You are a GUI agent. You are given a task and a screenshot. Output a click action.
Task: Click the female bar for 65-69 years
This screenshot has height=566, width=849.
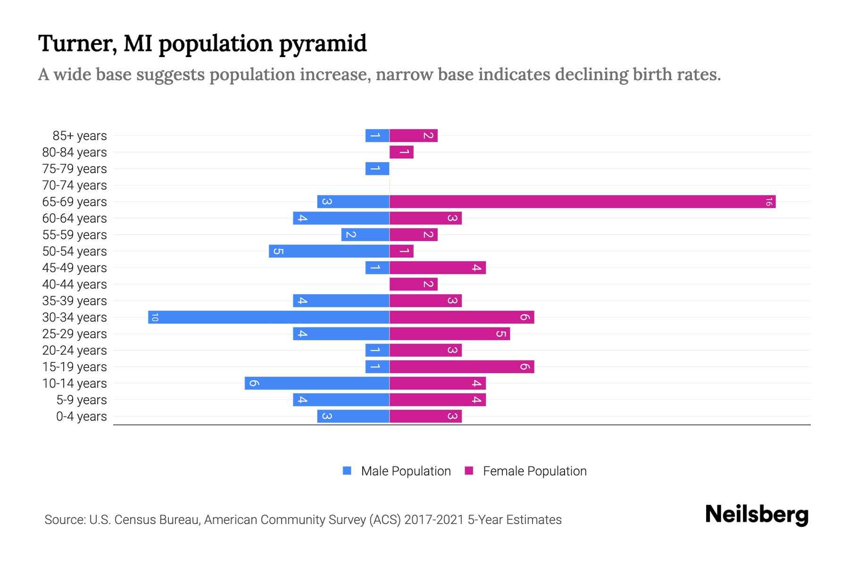(x=583, y=202)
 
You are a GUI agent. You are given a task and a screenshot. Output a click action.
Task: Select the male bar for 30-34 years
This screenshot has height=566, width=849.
(x=269, y=317)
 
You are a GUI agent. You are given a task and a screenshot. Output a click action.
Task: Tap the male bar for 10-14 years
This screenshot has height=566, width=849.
(x=317, y=383)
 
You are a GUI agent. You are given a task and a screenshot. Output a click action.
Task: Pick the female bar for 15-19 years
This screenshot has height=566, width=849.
(x=462, y=367)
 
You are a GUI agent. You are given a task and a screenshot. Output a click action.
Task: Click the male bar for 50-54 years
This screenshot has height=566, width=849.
(x=329, y=251)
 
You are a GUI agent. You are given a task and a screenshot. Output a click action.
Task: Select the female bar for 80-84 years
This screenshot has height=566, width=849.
(x=401, y=152)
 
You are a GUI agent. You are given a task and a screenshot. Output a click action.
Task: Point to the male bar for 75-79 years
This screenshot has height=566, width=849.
(x=377, y=169)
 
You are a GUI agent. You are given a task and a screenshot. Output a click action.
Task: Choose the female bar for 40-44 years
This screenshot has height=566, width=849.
(x=414, y=284)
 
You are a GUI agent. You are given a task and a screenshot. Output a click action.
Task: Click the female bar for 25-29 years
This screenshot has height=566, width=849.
(x=449, y=334)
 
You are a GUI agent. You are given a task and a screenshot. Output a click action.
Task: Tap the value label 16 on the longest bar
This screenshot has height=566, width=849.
(x=769, y=202)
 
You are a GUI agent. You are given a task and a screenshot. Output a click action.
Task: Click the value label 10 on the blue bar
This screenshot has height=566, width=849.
(x=155, y=317)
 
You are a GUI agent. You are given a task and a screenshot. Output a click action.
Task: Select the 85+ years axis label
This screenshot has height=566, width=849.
(x=80, y=136)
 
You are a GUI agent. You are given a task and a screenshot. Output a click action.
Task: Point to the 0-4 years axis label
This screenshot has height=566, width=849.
(x=81, y=416)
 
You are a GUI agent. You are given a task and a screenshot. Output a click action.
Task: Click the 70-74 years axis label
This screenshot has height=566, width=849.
(x=75, y=185)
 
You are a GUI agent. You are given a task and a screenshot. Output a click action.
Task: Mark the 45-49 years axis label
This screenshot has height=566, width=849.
(x=75, y=268)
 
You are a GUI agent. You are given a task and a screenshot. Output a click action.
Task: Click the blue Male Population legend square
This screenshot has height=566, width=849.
(x=347, y=471)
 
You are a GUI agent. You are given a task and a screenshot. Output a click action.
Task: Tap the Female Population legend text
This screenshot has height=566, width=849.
(x=534, y=471)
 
